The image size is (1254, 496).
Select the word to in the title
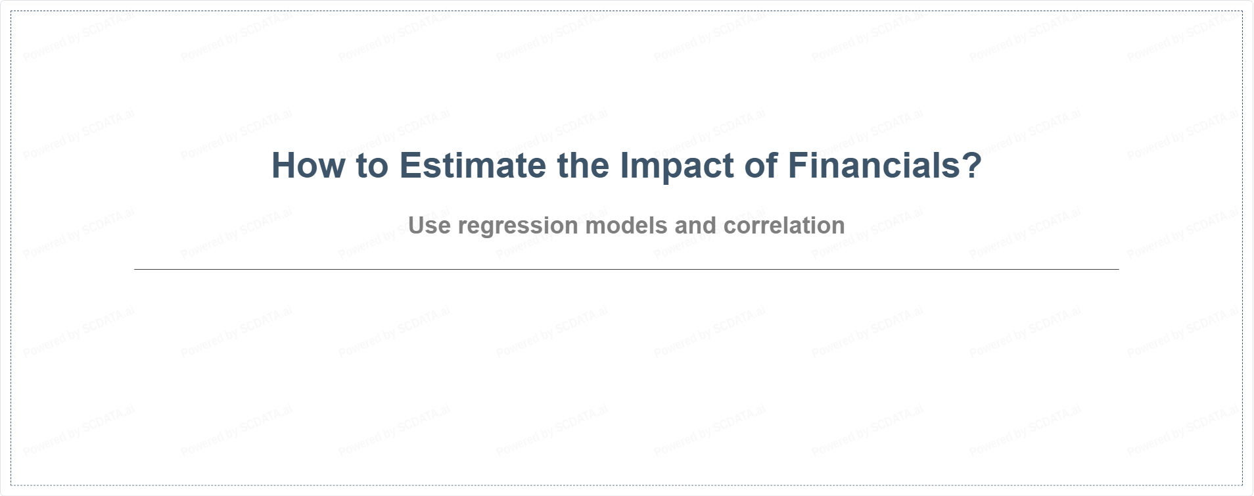coord(372,166)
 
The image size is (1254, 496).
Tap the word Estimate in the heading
coord(472,165)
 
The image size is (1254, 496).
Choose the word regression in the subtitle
coord(518,228)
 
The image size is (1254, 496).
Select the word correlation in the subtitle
coord(784,226)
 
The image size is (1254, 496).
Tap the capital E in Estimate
coord(410,165)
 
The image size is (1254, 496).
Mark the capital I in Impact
coord(624,165)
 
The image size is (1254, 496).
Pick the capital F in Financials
coord(798,165)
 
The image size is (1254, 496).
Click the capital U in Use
coord(416,226)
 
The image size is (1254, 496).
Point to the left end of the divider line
coord(135,269)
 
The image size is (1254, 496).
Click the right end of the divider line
coord(1118,269)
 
